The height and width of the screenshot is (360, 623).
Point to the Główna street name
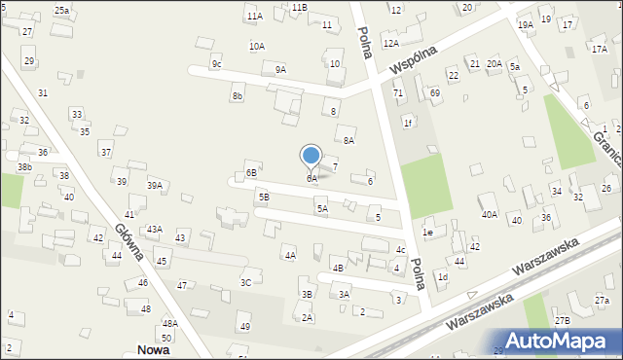(128, 242)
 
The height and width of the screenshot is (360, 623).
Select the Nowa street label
(153, 350)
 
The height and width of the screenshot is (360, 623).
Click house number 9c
(217, 64)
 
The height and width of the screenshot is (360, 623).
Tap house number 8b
(237, 96)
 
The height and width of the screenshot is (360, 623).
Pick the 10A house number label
(257, 46)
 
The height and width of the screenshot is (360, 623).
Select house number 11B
(299, 7)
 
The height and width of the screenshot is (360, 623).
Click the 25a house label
(61, 10)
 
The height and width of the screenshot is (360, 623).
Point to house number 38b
(24, 167)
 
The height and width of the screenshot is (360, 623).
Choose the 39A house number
(154, 185)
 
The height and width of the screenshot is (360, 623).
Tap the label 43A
(154, 230)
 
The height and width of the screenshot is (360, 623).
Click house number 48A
(169, 323)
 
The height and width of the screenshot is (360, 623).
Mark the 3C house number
(246, 282)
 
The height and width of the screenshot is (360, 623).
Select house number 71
(397, 92)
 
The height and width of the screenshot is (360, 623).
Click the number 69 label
(434, 92)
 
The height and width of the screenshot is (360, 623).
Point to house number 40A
(489, 214)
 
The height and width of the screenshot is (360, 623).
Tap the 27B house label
(563, 320)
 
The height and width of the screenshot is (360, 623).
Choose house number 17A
(598, 48)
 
